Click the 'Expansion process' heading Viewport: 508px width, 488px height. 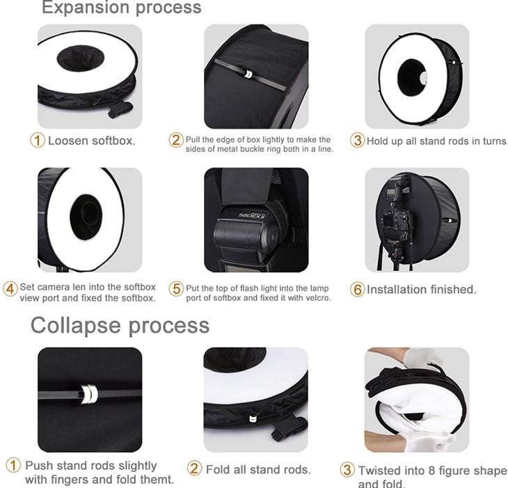[122, 7]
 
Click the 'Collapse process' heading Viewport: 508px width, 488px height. [120, 325]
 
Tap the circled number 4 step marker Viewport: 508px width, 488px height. [10, 289]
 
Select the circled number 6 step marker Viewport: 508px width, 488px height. [358, 290]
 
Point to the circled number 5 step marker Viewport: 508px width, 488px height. [176, 288]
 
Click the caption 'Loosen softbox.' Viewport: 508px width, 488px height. [92, 141]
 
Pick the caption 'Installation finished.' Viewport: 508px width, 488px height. [422, 290]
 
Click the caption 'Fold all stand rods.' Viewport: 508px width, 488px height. [258, 469]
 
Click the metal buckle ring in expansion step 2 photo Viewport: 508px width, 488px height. [248, 74]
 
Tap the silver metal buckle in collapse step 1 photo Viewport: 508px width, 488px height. [89, 394]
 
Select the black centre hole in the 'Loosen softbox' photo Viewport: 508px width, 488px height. [80, 58]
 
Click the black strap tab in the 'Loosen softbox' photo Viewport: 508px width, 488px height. [120, 109]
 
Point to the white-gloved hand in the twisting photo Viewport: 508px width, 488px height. [422, 360]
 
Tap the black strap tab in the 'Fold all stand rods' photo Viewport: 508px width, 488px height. [289, 427]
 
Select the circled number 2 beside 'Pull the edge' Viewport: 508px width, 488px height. [176, 140]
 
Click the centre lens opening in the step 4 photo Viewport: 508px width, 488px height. [86, 217]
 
